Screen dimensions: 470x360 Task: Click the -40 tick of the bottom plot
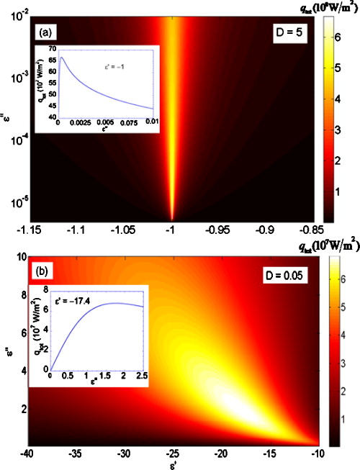coord(27,456)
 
